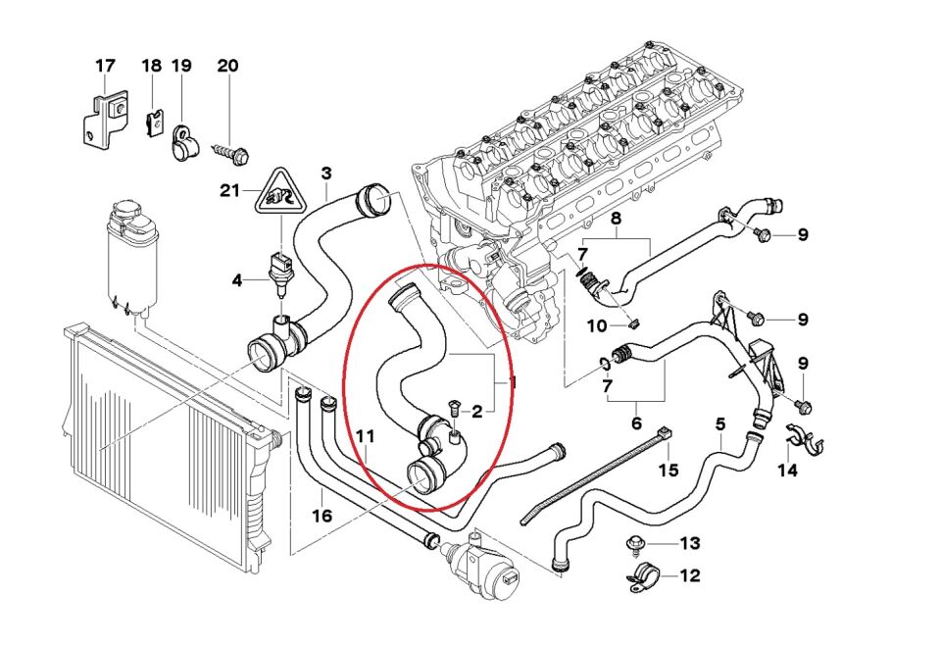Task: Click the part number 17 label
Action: tap(105, 66)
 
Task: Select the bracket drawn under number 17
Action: tap(105, 121)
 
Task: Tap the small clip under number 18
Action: tap(156, 122)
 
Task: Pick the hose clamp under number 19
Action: tap(180, 143)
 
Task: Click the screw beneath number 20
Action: tap(231, 153)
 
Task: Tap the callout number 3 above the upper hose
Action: tap(325, 174)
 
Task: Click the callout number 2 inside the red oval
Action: tap(477, 412)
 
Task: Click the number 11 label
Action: tap(366, 436)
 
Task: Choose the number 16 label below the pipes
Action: tap(322, 515)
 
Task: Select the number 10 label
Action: tap(597, 326)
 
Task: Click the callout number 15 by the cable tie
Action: tap(669, 469)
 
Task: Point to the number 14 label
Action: tap(788, 470)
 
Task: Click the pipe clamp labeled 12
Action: tap(644, 577)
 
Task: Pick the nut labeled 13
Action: tap(635, 544)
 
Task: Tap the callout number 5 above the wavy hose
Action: tap(720, 424)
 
